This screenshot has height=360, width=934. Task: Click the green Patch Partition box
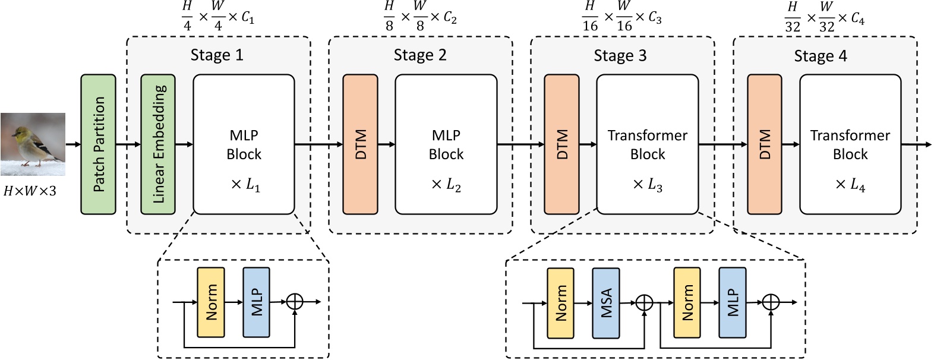98,144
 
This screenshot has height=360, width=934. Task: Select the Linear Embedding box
157,144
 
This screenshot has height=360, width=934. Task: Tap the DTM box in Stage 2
360,144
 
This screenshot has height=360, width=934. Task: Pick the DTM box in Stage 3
561,144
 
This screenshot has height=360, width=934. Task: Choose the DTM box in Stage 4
764,144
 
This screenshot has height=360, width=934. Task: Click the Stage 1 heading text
216,55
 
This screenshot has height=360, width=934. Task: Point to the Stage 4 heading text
820,56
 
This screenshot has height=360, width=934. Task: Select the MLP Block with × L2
446,144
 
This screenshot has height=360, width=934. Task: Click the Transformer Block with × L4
850,144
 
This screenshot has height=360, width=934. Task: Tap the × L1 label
245,185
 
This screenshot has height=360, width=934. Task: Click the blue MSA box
606,302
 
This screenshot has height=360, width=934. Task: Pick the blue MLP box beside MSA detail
732,302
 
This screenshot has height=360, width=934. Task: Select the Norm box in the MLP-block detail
211,302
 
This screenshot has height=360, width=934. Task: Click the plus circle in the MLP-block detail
295,302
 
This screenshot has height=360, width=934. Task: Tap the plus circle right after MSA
644,302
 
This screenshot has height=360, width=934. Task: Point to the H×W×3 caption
30,191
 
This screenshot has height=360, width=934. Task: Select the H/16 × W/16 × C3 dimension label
621,17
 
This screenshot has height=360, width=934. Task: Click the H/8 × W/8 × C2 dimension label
419,17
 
